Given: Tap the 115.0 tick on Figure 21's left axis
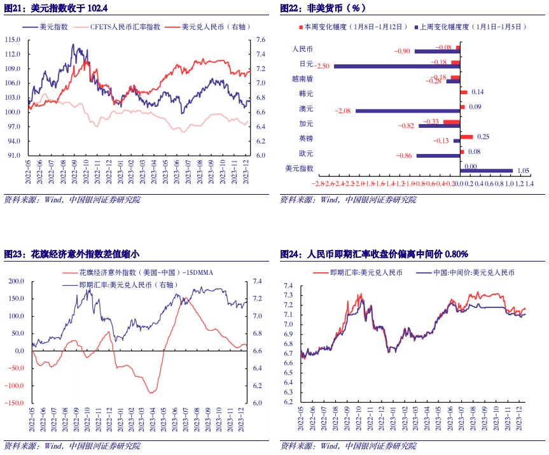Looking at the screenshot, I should pyautogui.click(x=13, y=39).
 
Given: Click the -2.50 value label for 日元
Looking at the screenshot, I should pyautogui.click(x=323, y=66).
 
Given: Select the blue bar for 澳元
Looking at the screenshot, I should pyautogui.click(x=407, y=111).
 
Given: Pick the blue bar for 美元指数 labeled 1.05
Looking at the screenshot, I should pyautogui.click(x=486, y=171).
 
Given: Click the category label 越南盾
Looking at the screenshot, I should pyautogui.click(x=302, y=78).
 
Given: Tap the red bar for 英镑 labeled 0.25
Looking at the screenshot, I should pyautogui.click(x=466, y=137).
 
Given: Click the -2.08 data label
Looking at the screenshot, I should pyautogui.click(x=344, y=111).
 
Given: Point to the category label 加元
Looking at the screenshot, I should pyautogui.click(x=306, y=123).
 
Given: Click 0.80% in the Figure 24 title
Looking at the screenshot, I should pyautogui.click(x=455, y=254).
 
